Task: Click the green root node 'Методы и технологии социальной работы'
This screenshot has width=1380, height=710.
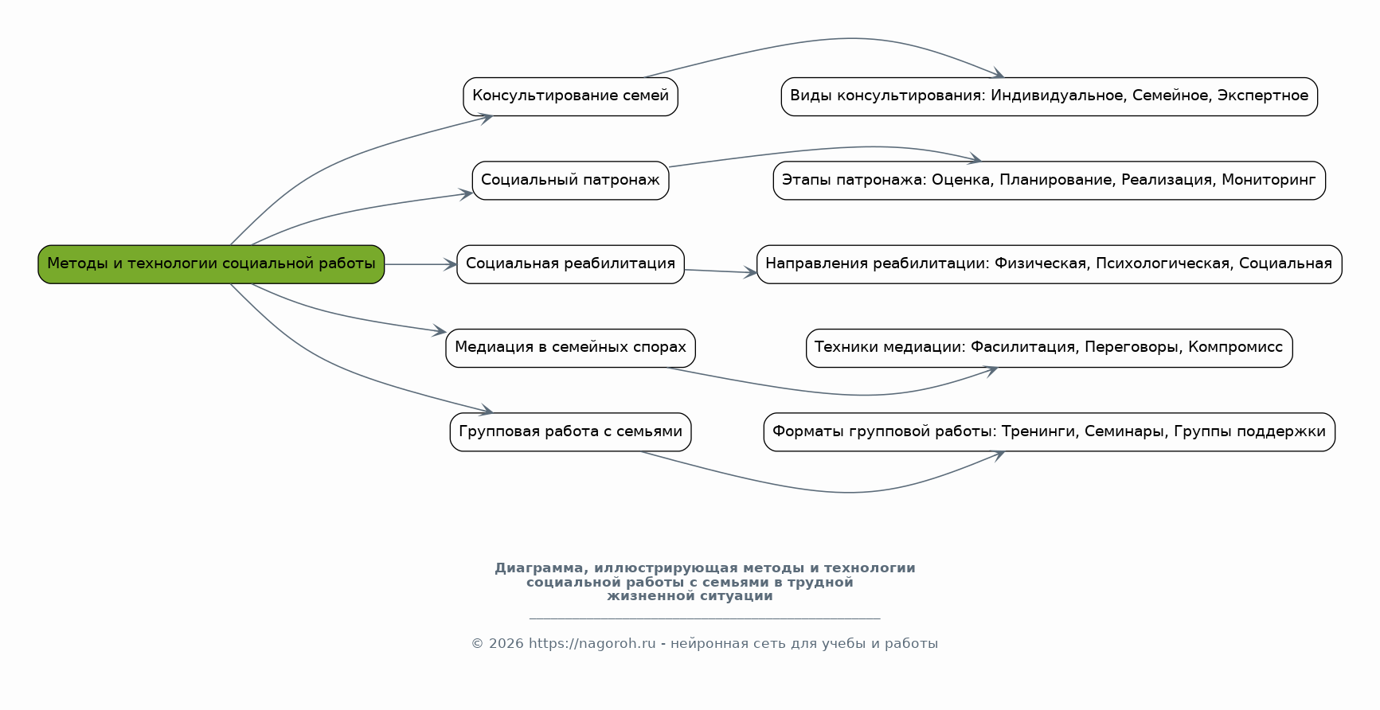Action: pyautogui.click(x=211, y=264)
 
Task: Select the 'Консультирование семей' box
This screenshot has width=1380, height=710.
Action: pyautogui.click(x=570, y=96)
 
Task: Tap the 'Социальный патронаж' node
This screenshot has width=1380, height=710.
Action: pyautogui.click(x=570, y=181)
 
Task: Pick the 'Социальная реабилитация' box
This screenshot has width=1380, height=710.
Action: pyautogui.click(x=570, y=264)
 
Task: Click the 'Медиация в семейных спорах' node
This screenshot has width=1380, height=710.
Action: pyautogui.click(x=570, y=348)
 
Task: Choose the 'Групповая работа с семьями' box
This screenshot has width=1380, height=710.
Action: pyautogui.click(x=570, y=432)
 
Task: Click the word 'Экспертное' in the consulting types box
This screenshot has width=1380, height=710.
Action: pyautogui.click(x=1262, y=96)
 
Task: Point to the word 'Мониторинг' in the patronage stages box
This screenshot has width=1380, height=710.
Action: pyautogui.click(x=1269, y=181)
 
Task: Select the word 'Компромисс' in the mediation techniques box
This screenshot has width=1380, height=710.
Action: pyautogui.click(x=1235, y=348)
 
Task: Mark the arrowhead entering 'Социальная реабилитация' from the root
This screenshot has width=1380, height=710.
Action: pyautogui.click(x=452, y=264)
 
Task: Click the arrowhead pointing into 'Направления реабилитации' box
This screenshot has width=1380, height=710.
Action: pyautogui.click(x=751, y=273)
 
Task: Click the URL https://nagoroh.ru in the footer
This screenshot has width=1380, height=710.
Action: pyautogui.click(x=592, y=644)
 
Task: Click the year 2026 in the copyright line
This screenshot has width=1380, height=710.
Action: pyautogui.click(x=506, y=644)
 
